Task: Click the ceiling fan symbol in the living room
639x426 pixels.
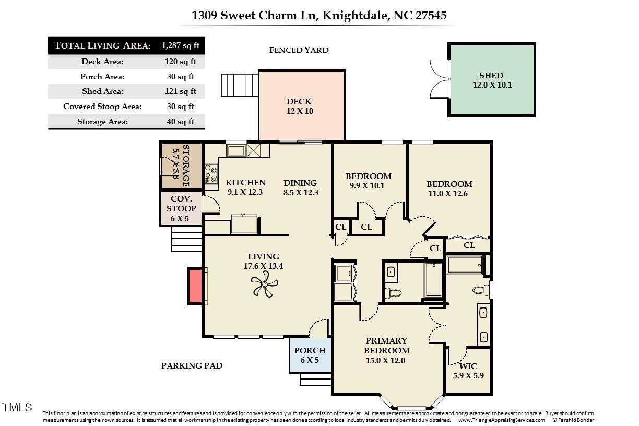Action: (264, 285)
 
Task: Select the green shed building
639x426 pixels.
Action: (491, 80)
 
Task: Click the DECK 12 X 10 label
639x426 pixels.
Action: (299, 106)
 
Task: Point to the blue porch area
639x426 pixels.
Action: (310, 355)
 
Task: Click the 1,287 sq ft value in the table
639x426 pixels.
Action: (181, 45)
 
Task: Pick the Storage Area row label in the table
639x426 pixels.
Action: (102, 122)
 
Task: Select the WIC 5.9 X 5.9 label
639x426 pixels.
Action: (468, 371)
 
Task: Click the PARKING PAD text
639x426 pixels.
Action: (192, 365)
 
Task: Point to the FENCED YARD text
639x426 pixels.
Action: (299, 50)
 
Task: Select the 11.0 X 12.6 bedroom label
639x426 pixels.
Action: (449, 189)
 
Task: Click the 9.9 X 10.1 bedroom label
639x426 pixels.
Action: (368, 181)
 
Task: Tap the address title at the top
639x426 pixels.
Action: (319, 15)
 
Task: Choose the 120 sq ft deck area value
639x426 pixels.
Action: (181, 62)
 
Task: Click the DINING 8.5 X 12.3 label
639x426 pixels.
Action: (300, 187)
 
